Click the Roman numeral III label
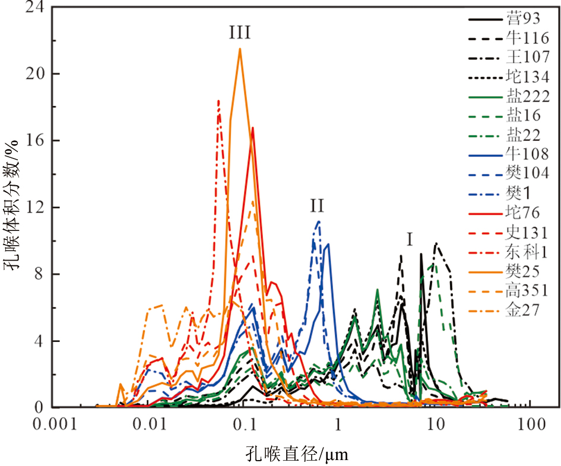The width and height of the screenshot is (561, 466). pyautogui.click(x=240, y=33)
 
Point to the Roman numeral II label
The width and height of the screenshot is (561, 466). pyautogui.click(x=317, y=205)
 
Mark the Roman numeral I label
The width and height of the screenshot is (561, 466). pyautogui.click(x=410, y=240)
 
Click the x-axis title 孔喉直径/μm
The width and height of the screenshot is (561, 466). pyautogui.click(x=297, y=454)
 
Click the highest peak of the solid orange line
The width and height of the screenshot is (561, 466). pyautogui.click(x=240, y=49)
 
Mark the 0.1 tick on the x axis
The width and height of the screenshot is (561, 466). pyautogui.click(x=244, y=425)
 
